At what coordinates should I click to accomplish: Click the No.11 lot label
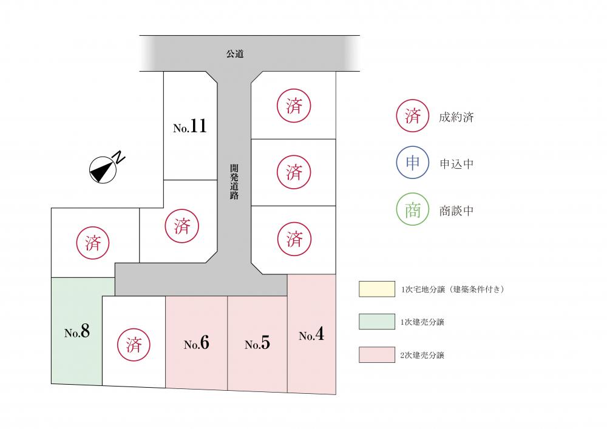pyautogui.click(x=189, y=126)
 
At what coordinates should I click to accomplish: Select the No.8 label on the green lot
pyautogui.click(x=77, y=331)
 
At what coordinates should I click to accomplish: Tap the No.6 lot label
pyautogui.click(x=196, y=343)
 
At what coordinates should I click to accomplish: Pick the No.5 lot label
pyautogui.click(x=257, y=343)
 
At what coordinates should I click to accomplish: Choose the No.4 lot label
pyautogui.click(x=311, y=334)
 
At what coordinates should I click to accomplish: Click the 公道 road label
pyautogui.click(x=235, y=54)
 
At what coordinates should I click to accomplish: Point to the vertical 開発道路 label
pyautogui.click(x=234, y=181)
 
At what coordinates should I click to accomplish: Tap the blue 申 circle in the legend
pyautogui.click(x=413, y=163)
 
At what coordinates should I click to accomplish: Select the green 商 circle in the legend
pyautogui.click(x=413, y=209)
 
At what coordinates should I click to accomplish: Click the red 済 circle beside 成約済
pyautogui.click(x=413, y=116)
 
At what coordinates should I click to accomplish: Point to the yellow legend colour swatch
pyautogui.click(x=377, y=289)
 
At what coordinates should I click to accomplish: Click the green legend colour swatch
pyautogui.click(x=377, y=322)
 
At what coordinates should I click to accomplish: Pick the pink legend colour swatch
pyautogui.click(x=377, y=355)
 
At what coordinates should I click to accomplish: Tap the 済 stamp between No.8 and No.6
pyautogui.click(x=134, y=344)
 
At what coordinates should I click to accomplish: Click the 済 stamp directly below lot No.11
pyautogui.click(x=182, y=226)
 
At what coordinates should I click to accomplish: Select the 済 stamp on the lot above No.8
pyautogui.click(x=93, y=243)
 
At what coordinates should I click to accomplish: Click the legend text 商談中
pyautogui.click(x=456, y=211)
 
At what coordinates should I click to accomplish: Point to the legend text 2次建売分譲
pyautogui.click(x=422, y=355)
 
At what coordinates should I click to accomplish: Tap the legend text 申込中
pyautogui.click(x=456, y=164)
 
